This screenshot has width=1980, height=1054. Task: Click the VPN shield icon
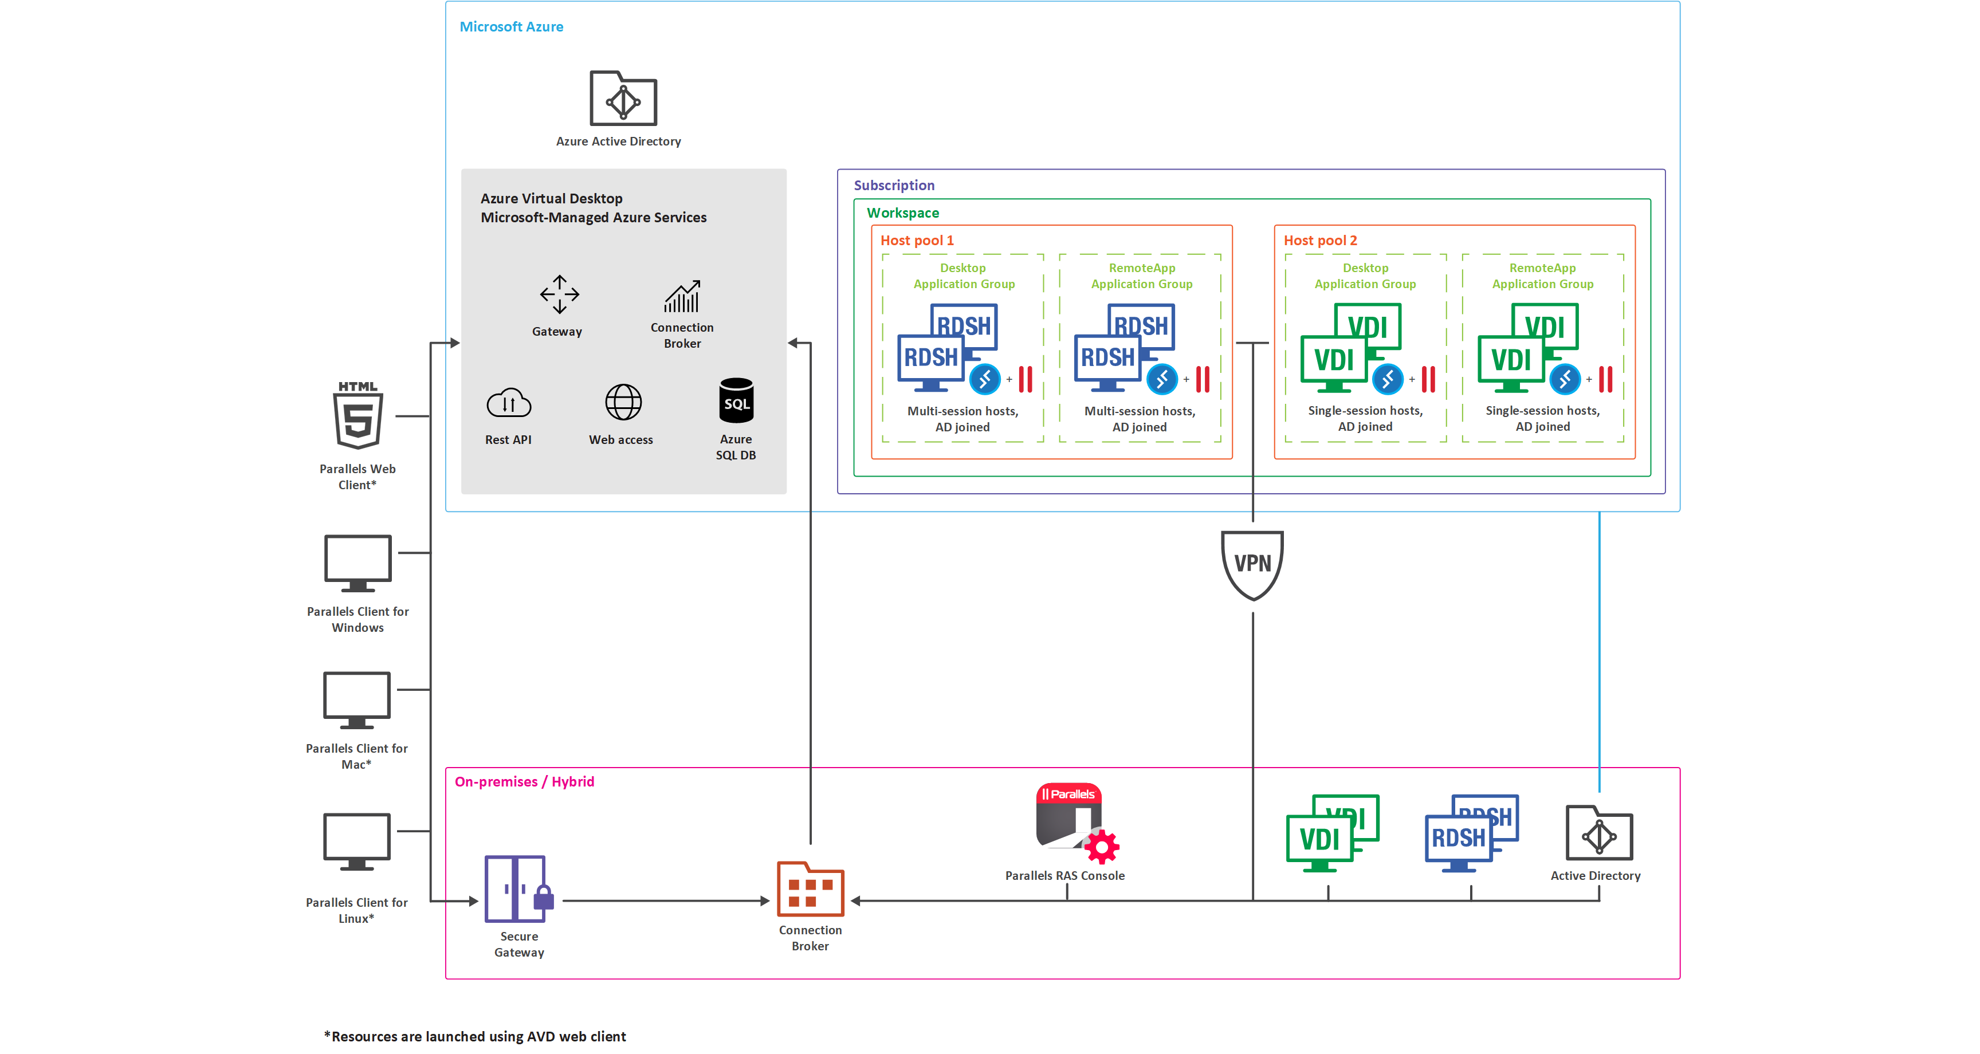tap(1252, 564)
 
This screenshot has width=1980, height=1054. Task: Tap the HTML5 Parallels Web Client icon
tap(357, 416)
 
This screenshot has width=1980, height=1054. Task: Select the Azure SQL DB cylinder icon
tap(736, 400)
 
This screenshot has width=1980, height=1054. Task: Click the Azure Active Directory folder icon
tap(623, 99)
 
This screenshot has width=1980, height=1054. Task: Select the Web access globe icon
tap(623, 402)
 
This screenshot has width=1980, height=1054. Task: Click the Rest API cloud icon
tap(508, 402)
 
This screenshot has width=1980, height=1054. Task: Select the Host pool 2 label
tap(1320, 241)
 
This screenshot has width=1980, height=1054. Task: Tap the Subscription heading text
tap(893, 185)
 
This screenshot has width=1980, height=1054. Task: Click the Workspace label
tap(902, 213)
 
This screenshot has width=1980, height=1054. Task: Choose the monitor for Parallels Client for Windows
tap(357, 563)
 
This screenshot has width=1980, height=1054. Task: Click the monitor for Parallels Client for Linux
tap(357, 841)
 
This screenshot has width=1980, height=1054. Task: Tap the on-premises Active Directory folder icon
tap(1599, 833)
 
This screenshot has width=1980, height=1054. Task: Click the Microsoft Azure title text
tap(511, 27)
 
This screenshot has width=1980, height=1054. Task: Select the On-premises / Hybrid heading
tap(524, 782)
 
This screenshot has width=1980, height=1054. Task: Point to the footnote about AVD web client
tap(475, 1036)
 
